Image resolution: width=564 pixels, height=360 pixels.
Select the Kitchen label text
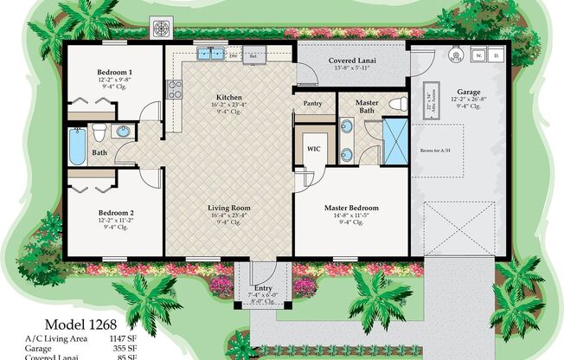[229, 98]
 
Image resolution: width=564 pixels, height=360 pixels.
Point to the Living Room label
[228, 208]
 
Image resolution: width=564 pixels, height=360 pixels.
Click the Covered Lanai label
[351, 61]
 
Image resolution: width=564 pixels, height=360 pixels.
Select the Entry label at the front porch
[263, 288]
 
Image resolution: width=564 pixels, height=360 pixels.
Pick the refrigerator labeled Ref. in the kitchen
[254, 55]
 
